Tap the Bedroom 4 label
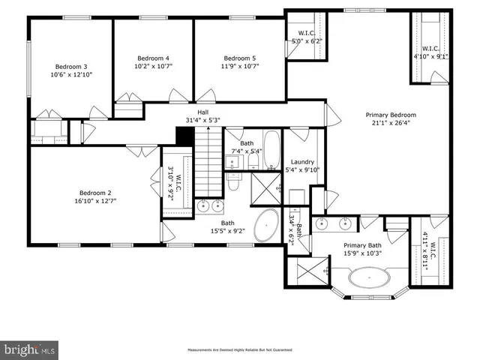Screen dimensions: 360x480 click(x=153, y=58)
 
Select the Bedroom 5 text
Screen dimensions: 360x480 click(x=239, y=58)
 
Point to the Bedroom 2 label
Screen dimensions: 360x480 click(x=94, y=191)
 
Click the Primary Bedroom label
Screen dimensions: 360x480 click(x=390, y=115)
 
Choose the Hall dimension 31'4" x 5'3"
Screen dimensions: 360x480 click(x=203, y=120)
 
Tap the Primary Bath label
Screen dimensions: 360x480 click(x=363, y=245)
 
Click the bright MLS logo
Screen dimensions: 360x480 click(x=30, y=349)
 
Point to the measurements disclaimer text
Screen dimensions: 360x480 click(x=239, y=350)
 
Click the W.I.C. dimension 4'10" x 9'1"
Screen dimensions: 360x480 click(x=430, y=55)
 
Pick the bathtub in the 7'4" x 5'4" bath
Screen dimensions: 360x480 click(x=271, y=148)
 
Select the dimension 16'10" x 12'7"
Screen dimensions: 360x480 click(x=94, y=200)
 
